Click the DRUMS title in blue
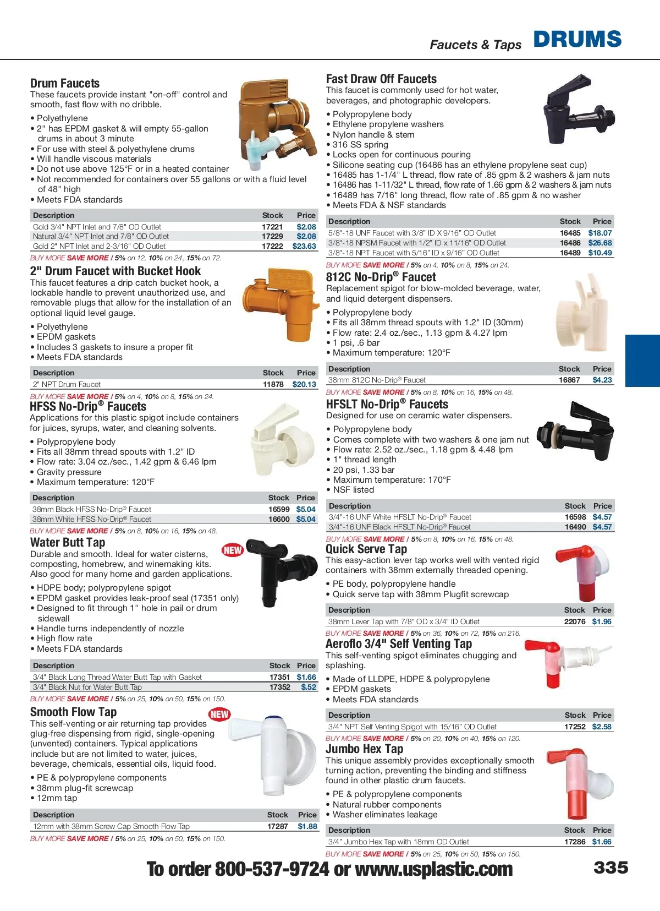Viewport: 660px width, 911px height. pos(577,39)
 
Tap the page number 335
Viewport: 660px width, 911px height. pos(610,868)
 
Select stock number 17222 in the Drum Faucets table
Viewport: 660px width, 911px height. pos(272,246)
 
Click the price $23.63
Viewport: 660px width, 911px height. pos(304,246)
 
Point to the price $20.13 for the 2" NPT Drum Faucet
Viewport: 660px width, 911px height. pos(304,384)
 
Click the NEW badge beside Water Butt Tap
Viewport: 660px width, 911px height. pos(233,550)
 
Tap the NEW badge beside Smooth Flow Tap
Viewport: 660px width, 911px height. pos(219,714)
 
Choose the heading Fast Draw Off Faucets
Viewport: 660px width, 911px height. pos(381,79)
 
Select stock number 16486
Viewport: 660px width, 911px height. pos(570,243)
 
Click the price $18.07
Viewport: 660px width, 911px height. pos(599,233)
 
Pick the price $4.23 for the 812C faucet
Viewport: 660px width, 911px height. pos(602,380)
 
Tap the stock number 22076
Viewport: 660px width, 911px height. pos(575,621)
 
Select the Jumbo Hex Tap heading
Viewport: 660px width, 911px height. pos(364,749)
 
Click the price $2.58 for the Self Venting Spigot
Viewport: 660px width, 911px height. pos(602,727)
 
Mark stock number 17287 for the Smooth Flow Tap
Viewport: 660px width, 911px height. pos(277,826)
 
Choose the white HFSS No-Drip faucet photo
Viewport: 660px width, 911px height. pos(274,440)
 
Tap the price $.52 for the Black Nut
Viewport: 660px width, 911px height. pos(309,687)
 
